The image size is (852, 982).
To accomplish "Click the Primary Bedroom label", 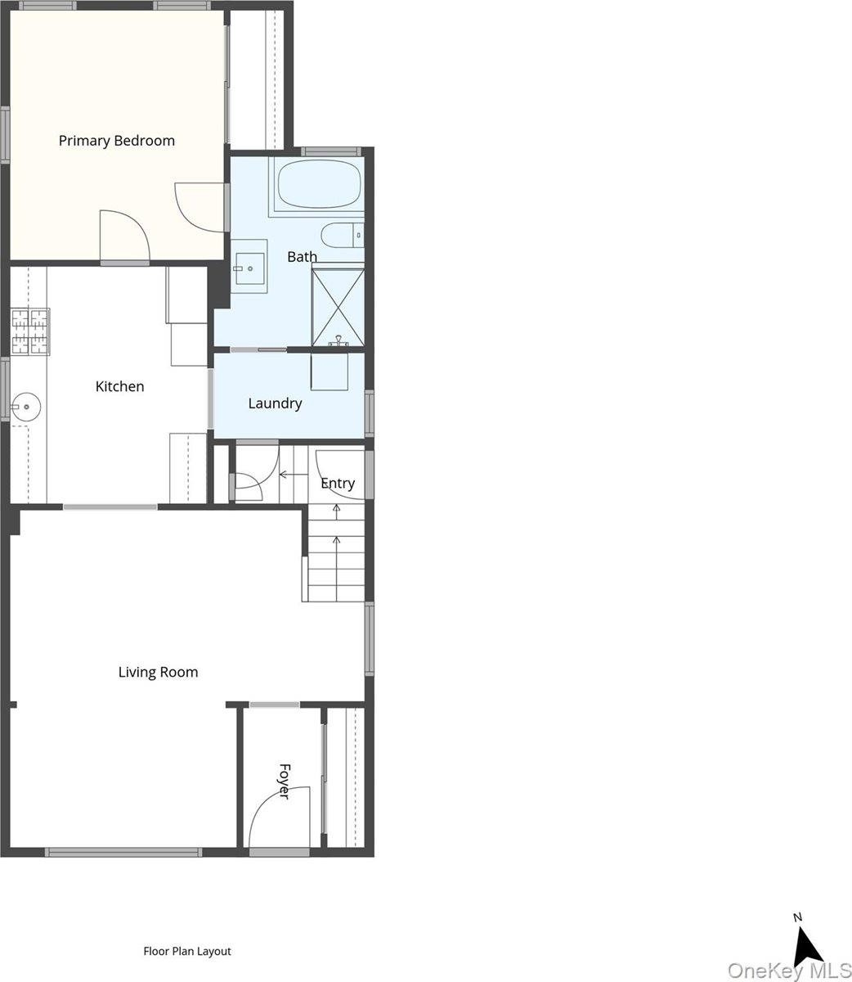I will [117, 141].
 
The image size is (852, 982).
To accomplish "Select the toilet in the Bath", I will [341, 236].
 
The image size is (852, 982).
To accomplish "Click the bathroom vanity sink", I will [249, 266].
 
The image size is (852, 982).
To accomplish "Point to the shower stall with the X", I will [337, 304].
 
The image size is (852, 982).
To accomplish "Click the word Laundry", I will [275, 403].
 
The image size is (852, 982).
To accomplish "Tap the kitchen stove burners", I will [30, 331].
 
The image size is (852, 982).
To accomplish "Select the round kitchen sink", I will [27, 404].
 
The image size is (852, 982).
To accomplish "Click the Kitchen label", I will [119, 386].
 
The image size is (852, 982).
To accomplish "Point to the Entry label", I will [338, 483].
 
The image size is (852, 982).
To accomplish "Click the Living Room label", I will [158, 673].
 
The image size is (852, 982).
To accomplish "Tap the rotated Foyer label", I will [285, 782].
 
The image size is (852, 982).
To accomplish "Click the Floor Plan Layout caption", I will [187, 952].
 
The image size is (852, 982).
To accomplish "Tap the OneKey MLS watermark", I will [788, 971].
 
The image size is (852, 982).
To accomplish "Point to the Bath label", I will [302, 257].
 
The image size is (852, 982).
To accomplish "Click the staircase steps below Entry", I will [336, 556].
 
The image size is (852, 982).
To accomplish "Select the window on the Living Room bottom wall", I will [123, 852].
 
